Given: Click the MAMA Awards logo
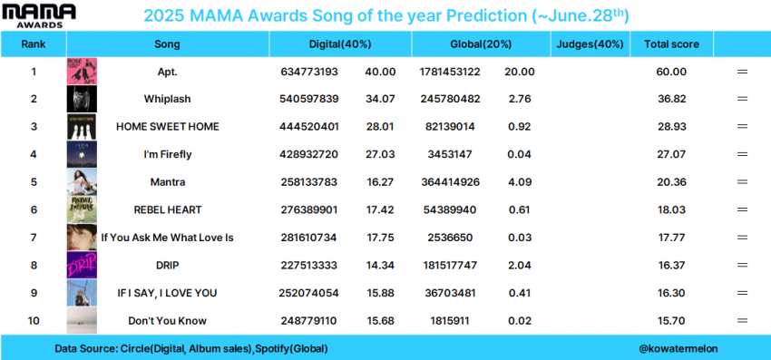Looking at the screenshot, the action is (x=39, y=15).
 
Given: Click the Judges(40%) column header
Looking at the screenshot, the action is (x=590, y=44).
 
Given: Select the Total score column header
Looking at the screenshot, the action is (x=671, y=44).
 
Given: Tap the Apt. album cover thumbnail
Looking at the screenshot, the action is (x=82, y=72).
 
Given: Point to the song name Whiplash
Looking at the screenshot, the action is (x=167, y=100).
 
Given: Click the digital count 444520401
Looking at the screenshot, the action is (x=308, y=127).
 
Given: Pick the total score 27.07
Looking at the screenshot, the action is (x=672, y=155).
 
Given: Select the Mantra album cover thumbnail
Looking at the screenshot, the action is (x=82, y=182).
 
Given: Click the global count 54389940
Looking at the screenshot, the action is (x=450, y=210).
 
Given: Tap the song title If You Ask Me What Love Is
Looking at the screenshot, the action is (x=167, y=238).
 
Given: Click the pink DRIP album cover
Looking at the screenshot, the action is (x=82, y=266).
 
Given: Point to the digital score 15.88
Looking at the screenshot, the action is (x=380, y=293).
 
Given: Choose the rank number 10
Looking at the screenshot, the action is (x=34, y=321).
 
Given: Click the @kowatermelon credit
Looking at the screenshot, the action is (x=678, y=349).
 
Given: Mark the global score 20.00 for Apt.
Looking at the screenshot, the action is (x=519, y=72).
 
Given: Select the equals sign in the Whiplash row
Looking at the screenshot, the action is (x=742, y=100).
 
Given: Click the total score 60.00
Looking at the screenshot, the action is (x=672, y=72).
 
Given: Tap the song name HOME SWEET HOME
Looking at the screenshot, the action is (x=167, y=127).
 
